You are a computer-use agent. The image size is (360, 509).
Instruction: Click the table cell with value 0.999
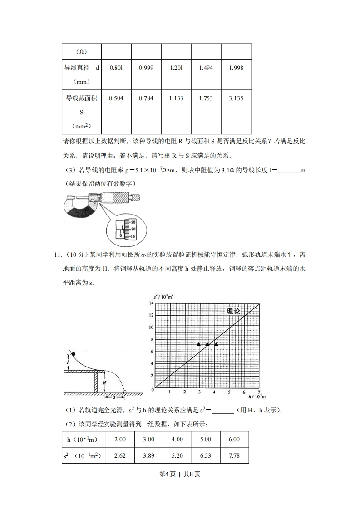point(146,68)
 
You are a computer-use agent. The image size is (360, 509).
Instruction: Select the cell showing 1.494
point(206,68)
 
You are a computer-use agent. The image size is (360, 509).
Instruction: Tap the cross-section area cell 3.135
point(236,98)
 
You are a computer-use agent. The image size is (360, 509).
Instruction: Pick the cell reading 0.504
point(117,98)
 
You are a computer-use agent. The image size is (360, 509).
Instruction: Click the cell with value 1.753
point(206,98)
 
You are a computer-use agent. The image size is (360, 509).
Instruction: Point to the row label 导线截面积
point(82,98)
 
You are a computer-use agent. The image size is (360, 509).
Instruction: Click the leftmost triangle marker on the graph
point(198,345)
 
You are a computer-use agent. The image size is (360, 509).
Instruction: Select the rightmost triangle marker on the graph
point(216,345)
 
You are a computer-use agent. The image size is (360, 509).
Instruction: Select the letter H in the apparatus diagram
point(104,382)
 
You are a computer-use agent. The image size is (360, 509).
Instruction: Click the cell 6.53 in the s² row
point(206,455)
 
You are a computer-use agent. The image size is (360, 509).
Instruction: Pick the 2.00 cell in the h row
point(120,440)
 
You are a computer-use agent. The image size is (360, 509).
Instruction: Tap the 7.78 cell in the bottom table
point(234,455)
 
